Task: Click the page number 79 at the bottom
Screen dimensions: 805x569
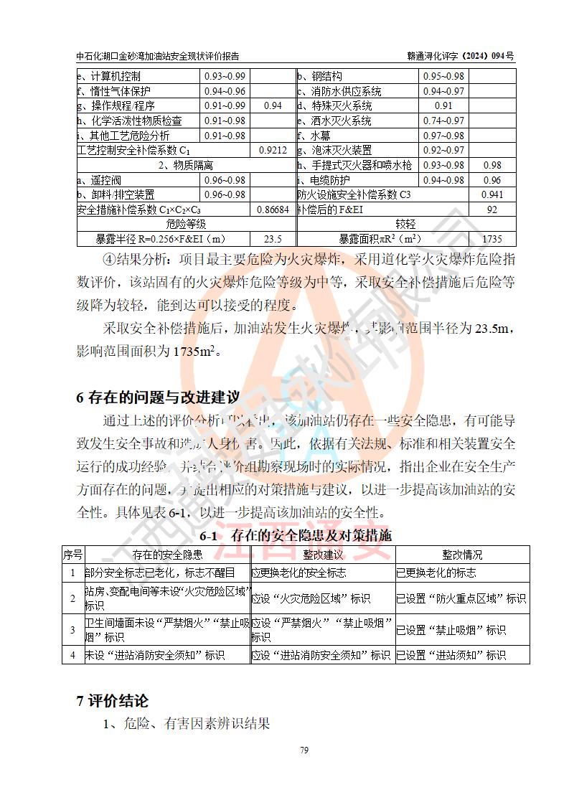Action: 304,750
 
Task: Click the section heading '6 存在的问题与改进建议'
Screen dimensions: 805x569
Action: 158,397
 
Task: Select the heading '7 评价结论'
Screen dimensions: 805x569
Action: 112,701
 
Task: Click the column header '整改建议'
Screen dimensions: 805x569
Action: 323,555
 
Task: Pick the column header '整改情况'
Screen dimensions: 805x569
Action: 462,555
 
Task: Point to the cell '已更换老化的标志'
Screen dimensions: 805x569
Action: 436,573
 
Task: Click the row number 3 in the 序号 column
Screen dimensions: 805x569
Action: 72,630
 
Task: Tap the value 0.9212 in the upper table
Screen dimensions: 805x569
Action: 273,150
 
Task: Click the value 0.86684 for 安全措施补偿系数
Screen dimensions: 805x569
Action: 273,210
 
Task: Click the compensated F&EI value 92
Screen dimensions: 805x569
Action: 492,210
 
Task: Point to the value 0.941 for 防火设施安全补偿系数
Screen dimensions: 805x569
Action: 492,194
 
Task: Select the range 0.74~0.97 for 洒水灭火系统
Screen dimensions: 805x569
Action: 443,121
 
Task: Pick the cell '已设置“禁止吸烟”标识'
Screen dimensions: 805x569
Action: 451,630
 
